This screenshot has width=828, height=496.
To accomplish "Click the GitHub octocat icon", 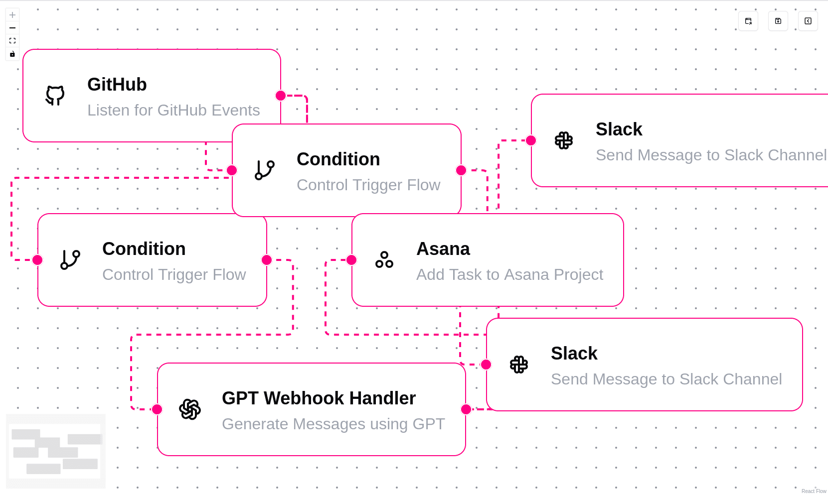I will [55, 96].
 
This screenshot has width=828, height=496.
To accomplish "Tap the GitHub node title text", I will [117, 85].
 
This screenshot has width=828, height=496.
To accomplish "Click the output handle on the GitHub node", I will [281, 96].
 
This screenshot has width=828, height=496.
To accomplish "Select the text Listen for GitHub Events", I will [173, 110].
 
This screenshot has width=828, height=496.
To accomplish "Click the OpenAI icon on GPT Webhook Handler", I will [190, 409].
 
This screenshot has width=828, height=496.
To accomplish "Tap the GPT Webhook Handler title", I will [319, 398].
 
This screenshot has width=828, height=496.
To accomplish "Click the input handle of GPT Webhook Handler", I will [157, 409].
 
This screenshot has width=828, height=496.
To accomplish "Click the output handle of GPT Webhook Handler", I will [466, 409].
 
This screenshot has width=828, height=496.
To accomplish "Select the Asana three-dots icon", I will [384, 260].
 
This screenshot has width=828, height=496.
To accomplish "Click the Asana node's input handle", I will [351, 260].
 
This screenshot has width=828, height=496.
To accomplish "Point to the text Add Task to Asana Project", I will [509, 274].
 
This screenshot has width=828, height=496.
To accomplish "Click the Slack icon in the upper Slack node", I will [564, 140].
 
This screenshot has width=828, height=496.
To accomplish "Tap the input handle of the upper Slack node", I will [531, 140].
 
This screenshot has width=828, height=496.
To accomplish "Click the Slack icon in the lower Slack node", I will [519, 365].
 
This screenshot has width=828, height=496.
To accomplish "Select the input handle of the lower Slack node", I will [486, 365].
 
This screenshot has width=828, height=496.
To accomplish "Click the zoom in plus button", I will [12, 15].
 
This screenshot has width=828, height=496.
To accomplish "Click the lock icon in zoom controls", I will [12, 54].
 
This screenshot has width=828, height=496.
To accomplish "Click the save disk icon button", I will [778, 21].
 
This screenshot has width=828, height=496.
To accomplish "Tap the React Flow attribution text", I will [814, 491].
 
